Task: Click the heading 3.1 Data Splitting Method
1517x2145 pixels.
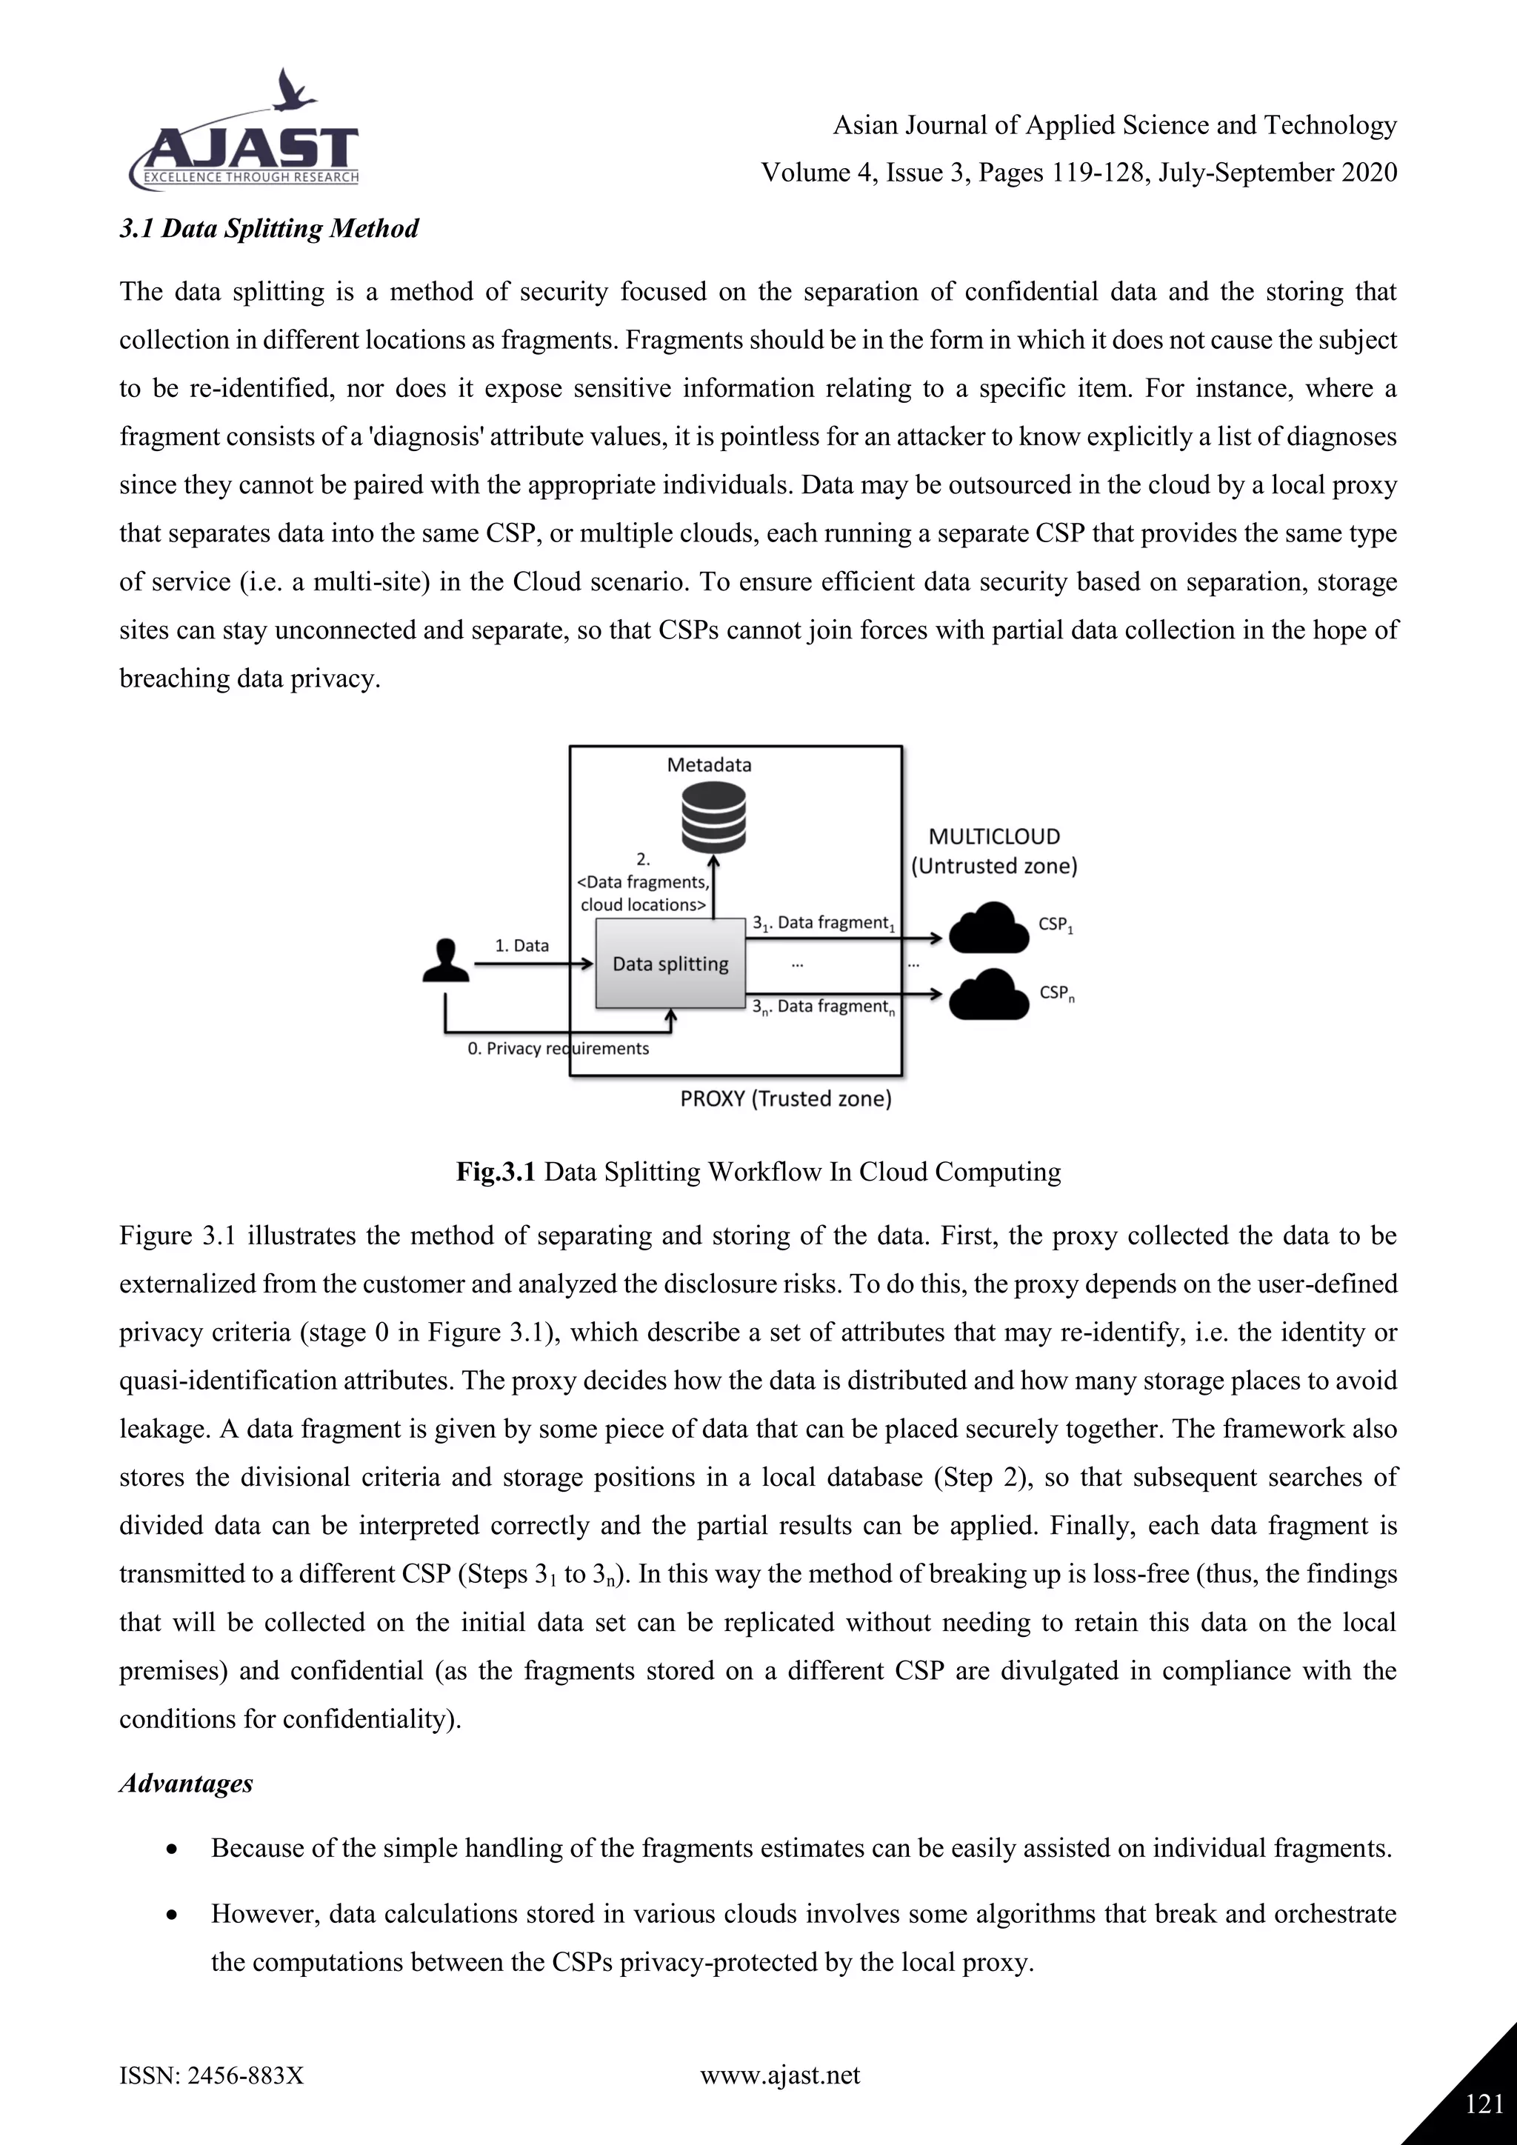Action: click(x=269, y=229)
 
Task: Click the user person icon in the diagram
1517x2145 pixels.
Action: click(x=446, y=961)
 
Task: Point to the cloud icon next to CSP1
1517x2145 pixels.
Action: click(x=987, y=927)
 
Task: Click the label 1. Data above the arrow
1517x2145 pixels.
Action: click(x=521, y=945)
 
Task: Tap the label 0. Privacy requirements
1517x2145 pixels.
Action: click(x=558, y=1048)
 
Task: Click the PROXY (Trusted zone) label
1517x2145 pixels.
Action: click(x=786, y=1098)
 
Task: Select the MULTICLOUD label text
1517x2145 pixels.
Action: click(x=994, y=837)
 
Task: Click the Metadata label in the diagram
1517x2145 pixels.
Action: click(x=709, y=764)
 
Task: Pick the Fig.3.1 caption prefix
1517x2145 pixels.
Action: click(x=495, y=1172)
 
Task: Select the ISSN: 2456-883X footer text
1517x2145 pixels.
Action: click(x=212, y=2076)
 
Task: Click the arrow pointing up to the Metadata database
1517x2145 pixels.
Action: click(x=713, y=887)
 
